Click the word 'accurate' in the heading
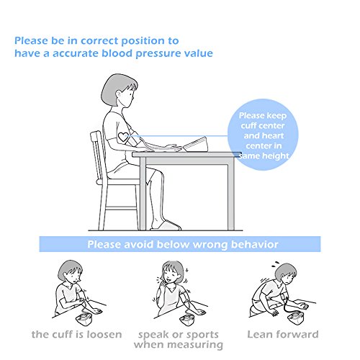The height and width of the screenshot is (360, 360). point(76,53)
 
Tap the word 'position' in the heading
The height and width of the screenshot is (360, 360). point(143,41)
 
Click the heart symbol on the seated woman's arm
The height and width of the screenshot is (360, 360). point(123,138)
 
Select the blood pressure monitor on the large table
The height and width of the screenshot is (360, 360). point(195,145)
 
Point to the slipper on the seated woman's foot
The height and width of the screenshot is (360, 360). point(166,225)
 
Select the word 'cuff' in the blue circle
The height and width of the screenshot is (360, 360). point(250,125)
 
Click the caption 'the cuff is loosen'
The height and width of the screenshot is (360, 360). point(77,334)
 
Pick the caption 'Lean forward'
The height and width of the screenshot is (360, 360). point(283,334)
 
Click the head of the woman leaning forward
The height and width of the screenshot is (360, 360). point(286,274)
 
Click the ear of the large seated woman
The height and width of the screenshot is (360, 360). point(120,94)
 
